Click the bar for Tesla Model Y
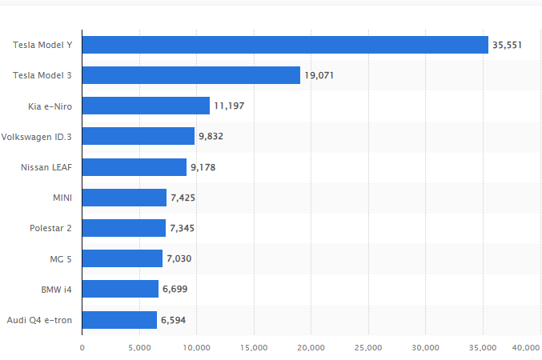[285, 45]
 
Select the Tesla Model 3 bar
[191, 75]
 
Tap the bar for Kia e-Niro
[146, 106]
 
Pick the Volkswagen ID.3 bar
[138, 136]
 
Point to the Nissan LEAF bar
[134, 167]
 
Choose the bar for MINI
[124, 198]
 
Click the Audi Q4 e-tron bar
[119, 320]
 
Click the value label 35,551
[508, 46]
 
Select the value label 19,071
[319, 76]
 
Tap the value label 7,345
[183, 229]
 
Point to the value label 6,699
[175, 290]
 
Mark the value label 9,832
[211, 137]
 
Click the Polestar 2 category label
[50, 228]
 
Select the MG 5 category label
[61, 258]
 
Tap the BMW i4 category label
[55, 289]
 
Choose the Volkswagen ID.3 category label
[37, 137]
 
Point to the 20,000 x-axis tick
[311, 347]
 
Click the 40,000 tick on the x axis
[526, 347]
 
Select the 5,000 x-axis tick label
[139, 347]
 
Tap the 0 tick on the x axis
[82, 347]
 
